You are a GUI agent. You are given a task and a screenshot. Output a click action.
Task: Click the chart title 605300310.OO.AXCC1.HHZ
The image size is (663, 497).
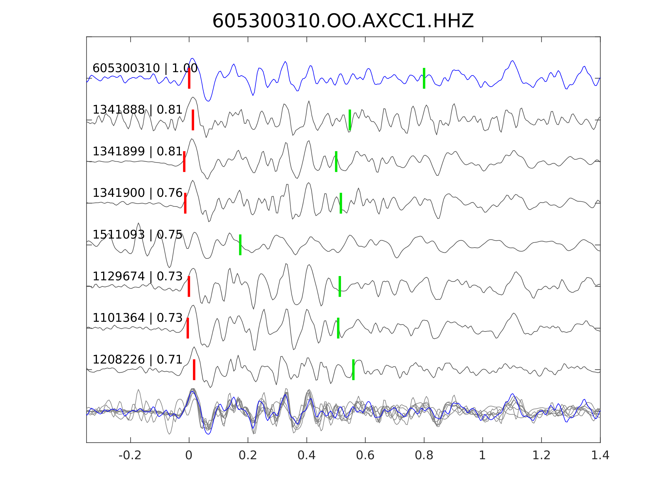(343, 21)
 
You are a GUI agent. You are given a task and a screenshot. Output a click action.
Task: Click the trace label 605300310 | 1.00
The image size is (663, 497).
(145, 68)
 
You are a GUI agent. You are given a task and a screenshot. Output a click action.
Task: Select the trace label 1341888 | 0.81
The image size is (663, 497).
(137, 110)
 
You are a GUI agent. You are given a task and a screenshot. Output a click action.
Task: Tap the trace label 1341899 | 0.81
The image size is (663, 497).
(137, 152)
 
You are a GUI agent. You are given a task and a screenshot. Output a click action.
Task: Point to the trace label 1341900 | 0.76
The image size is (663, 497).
(137, 193)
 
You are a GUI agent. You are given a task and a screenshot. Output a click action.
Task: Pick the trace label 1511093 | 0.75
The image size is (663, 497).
(137, 235)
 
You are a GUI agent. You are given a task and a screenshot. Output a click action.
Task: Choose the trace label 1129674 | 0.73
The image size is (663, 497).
(137, 277)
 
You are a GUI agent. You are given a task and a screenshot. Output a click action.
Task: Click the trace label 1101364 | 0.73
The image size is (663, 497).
(137, 318)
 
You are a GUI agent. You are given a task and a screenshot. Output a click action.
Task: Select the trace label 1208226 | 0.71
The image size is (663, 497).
(137, 360)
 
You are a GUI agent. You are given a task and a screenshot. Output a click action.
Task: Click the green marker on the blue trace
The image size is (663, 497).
(424, 78)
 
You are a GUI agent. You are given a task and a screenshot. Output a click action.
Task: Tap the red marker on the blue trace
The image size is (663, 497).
(189, 78)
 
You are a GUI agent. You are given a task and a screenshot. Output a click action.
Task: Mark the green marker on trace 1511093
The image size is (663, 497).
(240, 245)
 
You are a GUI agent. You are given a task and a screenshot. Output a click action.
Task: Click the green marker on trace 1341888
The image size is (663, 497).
(350, 120)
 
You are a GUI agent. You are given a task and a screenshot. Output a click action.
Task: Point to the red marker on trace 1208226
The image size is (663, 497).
(194, 370)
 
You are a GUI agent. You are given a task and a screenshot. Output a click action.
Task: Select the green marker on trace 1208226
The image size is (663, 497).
(353, 370)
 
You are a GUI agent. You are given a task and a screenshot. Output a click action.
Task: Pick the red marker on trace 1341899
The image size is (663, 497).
(184, 162)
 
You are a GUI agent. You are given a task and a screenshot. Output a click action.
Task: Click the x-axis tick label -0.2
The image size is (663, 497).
(130, 456)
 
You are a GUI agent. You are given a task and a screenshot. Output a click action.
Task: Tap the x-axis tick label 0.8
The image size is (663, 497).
(424, 456)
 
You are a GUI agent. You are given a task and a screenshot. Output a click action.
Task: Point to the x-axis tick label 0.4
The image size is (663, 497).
(306, 456)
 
